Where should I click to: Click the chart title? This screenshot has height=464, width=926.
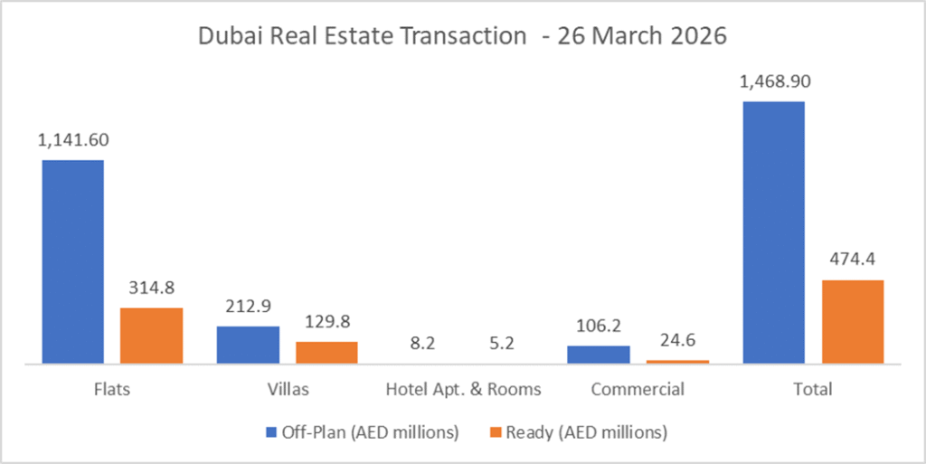pyautogui.click(x=462, y=37)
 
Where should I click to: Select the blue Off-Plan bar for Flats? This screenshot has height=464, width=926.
pyautogui.click(x=72, y=261)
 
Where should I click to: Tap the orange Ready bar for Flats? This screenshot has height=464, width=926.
pyautogui.click(x=151, y=336)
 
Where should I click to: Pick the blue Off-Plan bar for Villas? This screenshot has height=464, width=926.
pyautogui.click(x=248, y=345)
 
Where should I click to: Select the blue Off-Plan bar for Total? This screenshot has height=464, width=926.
pyautogui.click(x=773, y=232)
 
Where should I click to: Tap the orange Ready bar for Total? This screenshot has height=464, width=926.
pyautogui.click(x=852, y=321)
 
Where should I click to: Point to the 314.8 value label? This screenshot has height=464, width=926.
pyautogui.click(x=151, y=289)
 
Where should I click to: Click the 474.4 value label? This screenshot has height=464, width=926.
pyautogui.click(x=852, y=260)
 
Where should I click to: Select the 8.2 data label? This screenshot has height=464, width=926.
pyautogui.click(x=423, y=345)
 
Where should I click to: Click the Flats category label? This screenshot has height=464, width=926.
pyautogui.click(x=111, y=390)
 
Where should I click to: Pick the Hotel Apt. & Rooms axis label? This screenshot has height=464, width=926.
pyautogui.click(x=463, y=390)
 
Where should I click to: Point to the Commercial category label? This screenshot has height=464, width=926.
pyautogui.click(x=637, y=390)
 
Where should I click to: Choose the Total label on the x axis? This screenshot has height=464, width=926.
pyautogui.click(x=812, y=390)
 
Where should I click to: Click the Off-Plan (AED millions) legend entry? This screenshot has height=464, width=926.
pyautogui.click(x=362, y=432)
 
